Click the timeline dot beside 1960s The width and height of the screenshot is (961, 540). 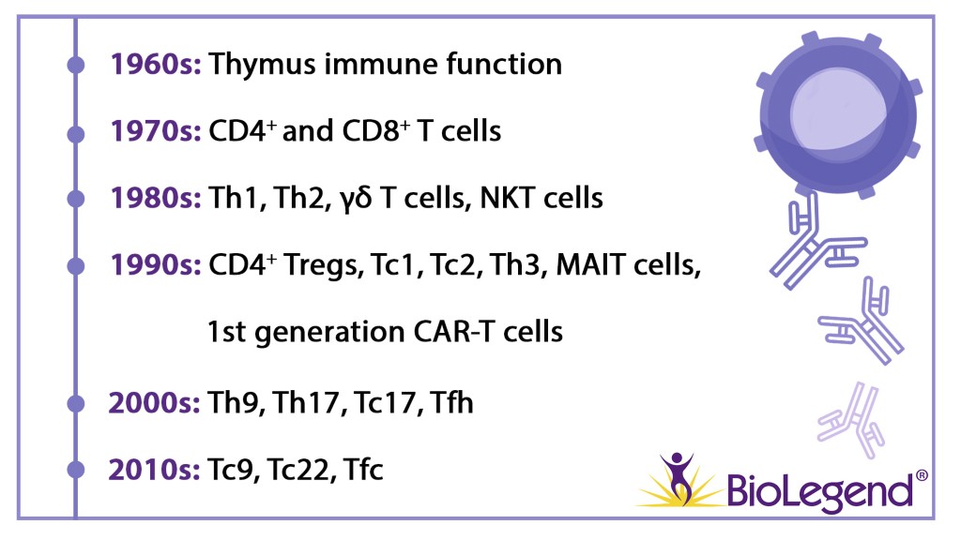75,65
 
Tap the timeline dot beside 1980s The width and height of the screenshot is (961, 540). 75,199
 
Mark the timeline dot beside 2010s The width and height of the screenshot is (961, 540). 75,470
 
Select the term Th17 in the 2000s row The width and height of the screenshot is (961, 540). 307,403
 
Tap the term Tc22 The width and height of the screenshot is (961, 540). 300,470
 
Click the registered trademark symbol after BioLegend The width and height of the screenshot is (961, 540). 922,475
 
